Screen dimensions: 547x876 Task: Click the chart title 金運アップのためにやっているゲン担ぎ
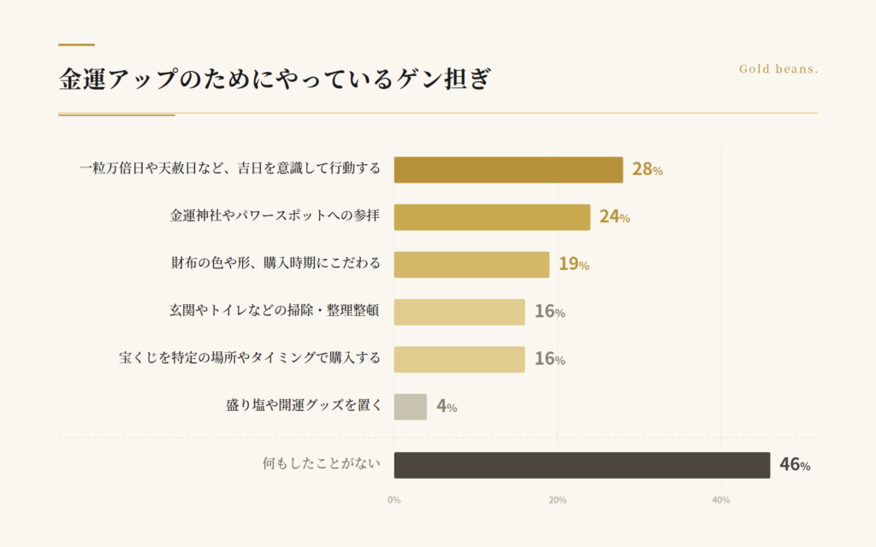(x=275, y=80)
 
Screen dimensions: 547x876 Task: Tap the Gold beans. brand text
(x=778, y=69)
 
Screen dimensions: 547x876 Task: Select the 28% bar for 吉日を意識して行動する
(x=508, y=169)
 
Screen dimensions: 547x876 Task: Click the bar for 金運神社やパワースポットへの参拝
(x=492, y=217)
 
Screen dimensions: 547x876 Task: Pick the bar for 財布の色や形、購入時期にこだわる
(x=471, y=264)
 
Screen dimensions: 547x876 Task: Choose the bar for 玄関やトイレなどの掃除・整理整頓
(x=459, y=312)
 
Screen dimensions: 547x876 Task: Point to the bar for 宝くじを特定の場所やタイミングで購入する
(x=459, y=359)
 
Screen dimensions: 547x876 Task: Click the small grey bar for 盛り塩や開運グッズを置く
(x=410, y=407)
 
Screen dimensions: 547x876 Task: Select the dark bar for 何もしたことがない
(x=582, y=465)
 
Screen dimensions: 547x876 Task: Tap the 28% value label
(x=647, y=169)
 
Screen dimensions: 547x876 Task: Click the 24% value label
(x=614, y=217)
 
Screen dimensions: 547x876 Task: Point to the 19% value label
(x=573, y=264)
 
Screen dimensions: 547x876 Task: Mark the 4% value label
(x=447, y=407)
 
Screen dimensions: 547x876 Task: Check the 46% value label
(x=794, y=466)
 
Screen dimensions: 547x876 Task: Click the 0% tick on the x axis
(x=394, y=500)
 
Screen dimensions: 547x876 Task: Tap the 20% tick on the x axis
(x=557, y=500)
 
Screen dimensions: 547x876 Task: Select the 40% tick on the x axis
(x=720, y=500)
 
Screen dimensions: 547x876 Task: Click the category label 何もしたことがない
(x=322, y=465)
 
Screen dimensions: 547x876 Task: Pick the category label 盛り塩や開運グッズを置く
(x=304, y=406)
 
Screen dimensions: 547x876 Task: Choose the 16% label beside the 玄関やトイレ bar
(x=549, y=312)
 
